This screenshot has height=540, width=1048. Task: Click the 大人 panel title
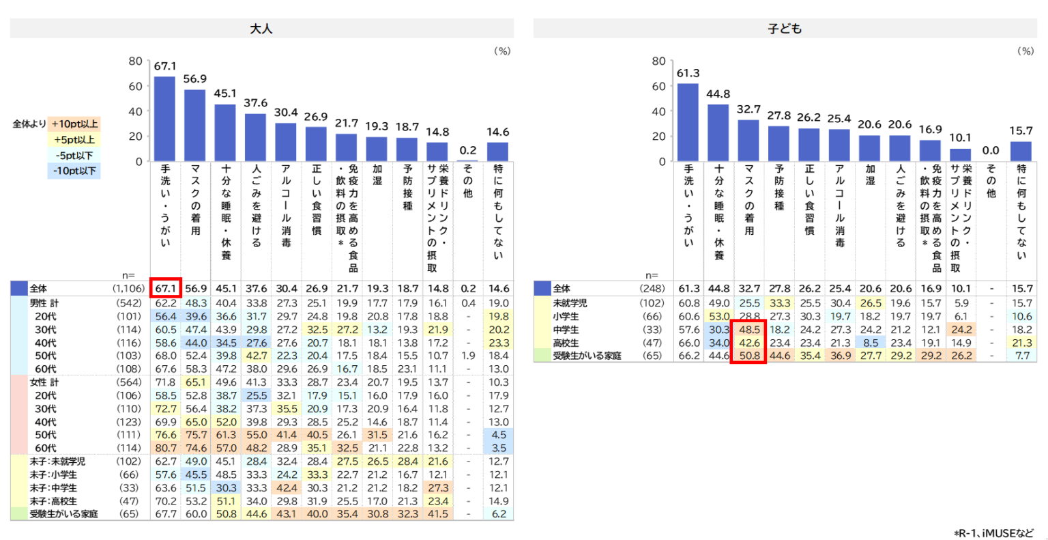click(x=261, y=29)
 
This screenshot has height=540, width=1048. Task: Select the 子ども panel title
click(x=785, y=29)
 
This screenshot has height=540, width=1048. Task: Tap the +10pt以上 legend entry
click(x=74, y=124)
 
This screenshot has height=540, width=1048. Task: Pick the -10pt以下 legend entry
click(x=74, y=171)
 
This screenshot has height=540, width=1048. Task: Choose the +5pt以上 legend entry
click(x=74, y=139)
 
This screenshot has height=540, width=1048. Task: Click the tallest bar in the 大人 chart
click(x=164, y=119)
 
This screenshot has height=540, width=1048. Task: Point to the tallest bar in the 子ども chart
click(x=688, y=122)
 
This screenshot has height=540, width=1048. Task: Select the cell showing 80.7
click(x=166, y=448)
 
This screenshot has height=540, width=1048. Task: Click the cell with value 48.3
click(x=196, y=302)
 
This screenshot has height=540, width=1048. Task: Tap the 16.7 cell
click(x=347, y=369)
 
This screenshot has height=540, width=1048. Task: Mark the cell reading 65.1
click(x=196, y=382)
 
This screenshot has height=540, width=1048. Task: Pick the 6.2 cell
click(x=499, y=513)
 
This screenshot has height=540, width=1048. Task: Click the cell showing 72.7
click(x=166, y=408)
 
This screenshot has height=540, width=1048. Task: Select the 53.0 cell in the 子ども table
click(x=719, y=316)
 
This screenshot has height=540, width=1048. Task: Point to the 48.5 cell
click(x=749, y=329)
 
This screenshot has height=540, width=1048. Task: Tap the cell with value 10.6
click(x=1021, y=316)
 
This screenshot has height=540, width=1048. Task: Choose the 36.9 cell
click(x=840, y=355)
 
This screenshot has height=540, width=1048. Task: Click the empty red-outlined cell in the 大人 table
click(x=166, y=287)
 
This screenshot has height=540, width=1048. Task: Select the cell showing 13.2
click(x=377, y=329)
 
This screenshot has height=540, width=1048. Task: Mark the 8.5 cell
click(x=871, y=342)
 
